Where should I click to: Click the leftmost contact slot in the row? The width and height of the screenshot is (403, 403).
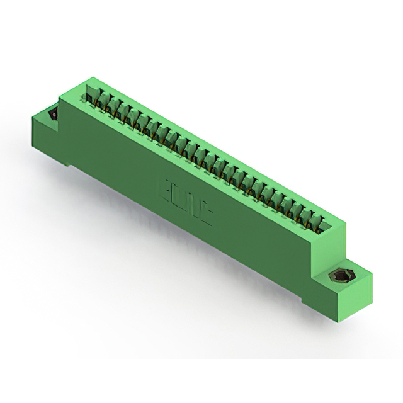(90, 96)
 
